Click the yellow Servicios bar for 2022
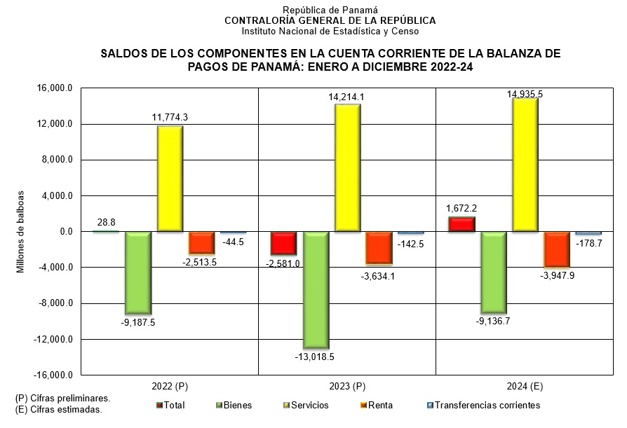click(170, 179)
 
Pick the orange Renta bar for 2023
click(379, 248)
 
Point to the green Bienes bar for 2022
click(138, 272)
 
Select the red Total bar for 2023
click(284, 243)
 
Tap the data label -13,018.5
click(315, 357)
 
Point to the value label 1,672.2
click(461, 208)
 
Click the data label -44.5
click(233, 242)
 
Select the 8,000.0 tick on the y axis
click(58, 160)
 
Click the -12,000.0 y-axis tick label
click(55, 340)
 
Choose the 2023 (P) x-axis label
click(347, 387)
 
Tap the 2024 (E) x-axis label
click(525, 387)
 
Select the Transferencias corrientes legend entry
click(487, 405)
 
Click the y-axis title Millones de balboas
click(21, 231)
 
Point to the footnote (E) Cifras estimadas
click(59, 410)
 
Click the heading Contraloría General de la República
click(330, 20)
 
